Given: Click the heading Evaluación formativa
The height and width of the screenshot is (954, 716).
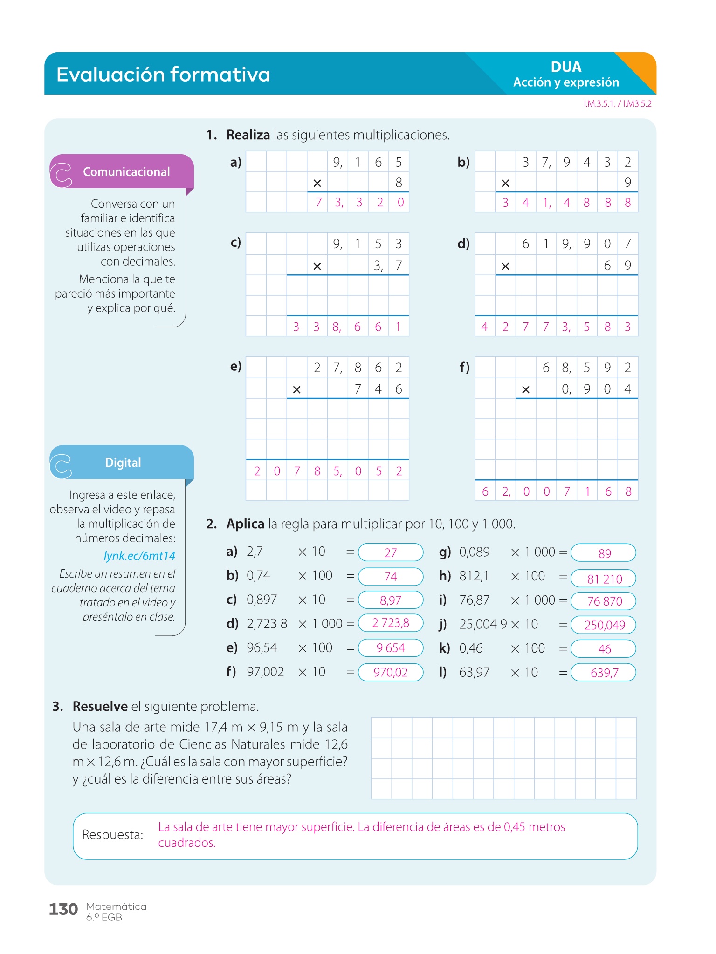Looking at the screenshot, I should (x=163, y=75).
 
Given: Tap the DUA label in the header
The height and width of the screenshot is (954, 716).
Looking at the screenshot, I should (x=566, y=67).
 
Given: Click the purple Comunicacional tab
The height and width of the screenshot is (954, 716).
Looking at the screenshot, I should (x=126, y=172).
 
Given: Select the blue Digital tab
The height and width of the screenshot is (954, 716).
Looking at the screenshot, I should (x=123, y=463).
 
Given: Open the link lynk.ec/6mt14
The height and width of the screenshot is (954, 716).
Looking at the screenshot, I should (x=139, y=556).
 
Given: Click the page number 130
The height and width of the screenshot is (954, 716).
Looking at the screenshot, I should (x=63, y=909).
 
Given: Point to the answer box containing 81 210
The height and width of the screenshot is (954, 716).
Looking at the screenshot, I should (x=604, y=579).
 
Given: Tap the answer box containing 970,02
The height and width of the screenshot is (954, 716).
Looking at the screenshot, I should (x=391, y=672).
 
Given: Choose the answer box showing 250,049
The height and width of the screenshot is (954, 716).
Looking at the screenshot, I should (x=604, y=625).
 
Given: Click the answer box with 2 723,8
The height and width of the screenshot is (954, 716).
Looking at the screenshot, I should (x=391, y=623).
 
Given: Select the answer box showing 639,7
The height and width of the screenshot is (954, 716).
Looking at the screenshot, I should (x=604, y=673).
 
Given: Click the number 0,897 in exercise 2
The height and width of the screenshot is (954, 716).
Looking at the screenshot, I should (x=262, y=600).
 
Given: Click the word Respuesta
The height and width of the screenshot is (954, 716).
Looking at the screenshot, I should (x=112, y=835).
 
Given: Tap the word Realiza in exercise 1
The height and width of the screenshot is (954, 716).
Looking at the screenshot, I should (x=248, y=135).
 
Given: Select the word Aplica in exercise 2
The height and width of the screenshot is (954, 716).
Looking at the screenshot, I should (x=245, y=524).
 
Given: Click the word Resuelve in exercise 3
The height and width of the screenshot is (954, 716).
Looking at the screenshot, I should (x=100, y=707).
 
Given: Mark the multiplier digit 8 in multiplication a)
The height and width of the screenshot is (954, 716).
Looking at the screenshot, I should (x=399, y=183).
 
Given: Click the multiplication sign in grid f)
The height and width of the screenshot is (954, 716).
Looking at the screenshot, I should (x=526, y=389).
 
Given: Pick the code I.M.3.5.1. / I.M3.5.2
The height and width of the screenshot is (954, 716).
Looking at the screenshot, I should (x=617, y=104).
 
